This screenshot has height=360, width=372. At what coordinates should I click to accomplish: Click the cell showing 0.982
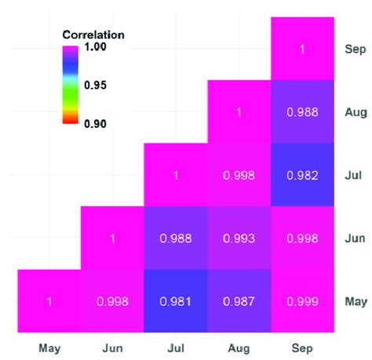click(302, 175)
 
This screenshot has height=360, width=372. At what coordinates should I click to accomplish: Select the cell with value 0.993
click(239, 238)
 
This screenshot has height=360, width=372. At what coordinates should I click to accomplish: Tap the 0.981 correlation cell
click(175, 301)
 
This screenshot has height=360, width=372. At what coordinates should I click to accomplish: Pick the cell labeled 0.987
click(239, 301)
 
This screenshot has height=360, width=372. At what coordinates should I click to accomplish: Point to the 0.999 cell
click(302, 301)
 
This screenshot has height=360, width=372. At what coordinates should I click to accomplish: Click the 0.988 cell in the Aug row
click(302, 112)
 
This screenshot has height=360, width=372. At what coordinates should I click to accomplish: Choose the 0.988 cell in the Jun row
click(175, 238)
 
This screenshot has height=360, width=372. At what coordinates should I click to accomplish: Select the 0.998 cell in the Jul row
click(239, 175)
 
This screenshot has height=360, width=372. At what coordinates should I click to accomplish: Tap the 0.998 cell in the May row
click(112, 301)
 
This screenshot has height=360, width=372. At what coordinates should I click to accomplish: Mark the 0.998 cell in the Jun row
click(302, 238)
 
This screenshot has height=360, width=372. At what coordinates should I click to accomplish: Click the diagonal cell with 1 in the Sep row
click(302, 49)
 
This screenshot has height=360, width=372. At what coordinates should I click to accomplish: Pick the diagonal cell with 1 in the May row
click(49, 301)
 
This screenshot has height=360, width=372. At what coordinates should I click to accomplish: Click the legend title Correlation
click(93, 35)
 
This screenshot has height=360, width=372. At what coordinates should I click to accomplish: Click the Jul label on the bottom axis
click(175, 345)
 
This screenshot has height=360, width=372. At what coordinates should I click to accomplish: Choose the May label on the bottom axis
click(49, 345)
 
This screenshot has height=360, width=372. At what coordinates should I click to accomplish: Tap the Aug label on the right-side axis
click(356, 112)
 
